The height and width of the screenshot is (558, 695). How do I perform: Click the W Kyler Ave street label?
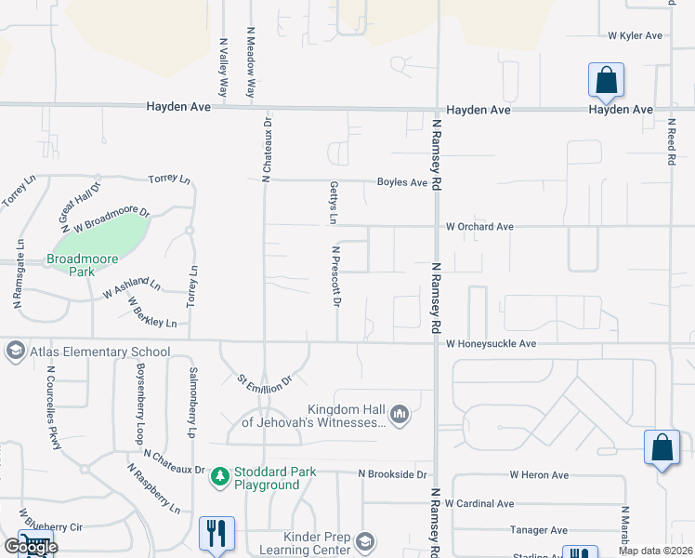click(x=636, y=35)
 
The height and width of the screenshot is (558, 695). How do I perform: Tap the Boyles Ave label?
click(x=401, y=183)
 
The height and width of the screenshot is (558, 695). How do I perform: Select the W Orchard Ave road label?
click(x=479, y=226)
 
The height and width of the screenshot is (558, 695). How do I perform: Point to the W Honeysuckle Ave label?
click(x=491, y=344)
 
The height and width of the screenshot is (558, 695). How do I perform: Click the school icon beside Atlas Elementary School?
click(x=14, y=352)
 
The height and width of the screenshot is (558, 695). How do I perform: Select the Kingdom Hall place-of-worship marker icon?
click(x=400, y=414)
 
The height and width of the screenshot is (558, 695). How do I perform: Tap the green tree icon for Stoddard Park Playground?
click(x=220, y=477)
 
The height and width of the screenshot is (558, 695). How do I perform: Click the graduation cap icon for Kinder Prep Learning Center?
click(x=366, y=541)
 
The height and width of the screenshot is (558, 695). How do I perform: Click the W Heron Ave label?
click(x=539, y=474)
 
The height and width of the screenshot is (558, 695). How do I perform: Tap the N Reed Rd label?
click(x=671, y=141)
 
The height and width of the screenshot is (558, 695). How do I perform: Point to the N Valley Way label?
click(x=223, y=68)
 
